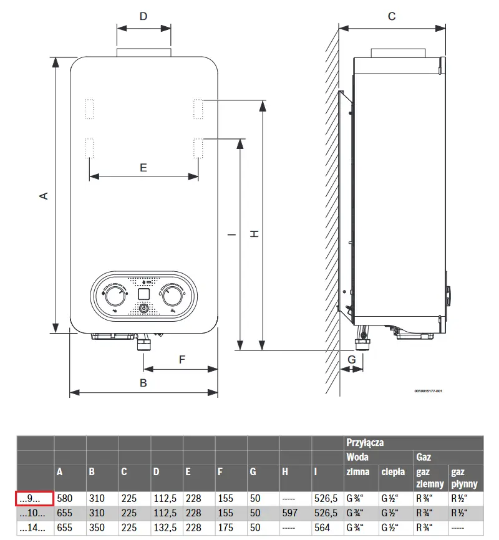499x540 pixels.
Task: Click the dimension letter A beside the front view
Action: click(44, 196)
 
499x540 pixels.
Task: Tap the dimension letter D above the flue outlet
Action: click(143, 16)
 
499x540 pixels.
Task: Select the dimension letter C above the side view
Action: click(392, 16)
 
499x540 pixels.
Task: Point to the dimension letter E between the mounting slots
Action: click(143, 168)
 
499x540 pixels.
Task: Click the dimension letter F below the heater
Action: click(182, 360)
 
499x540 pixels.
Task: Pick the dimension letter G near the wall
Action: click(352, 360)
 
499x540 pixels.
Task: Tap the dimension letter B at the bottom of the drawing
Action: click(143, 383)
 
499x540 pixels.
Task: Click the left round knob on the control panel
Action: click(115, 296)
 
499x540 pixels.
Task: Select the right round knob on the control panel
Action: click(172, 296)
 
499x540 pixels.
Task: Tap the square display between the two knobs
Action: click(143, 294)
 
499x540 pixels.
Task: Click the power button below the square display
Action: click(143, 308)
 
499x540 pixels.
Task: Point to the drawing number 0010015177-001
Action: click(429, 391)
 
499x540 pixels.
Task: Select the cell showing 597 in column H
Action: click(290, 513)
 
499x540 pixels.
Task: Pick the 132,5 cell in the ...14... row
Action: click(165, 528)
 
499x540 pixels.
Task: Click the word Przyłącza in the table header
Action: click(365, 443)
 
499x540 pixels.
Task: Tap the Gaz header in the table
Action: click(424, 457)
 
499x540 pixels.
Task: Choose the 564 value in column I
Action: click(322, 528)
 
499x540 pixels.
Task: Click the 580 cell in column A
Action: click(65, 499)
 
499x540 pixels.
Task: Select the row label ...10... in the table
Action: click(32, 513)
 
